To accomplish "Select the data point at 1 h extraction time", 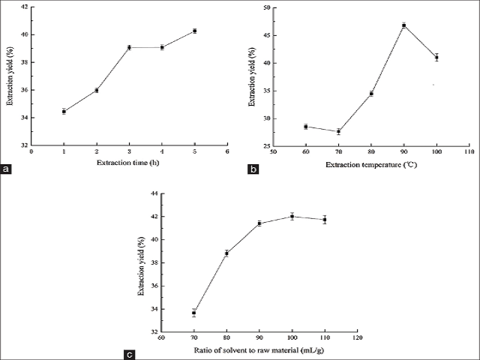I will (64, 111).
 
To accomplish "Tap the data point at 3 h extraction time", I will (129, 47).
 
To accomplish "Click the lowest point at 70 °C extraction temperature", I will (338, 131).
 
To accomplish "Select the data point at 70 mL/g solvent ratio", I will (194, 313).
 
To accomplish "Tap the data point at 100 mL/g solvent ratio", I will (292, 216).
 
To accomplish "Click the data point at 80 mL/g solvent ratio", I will (226, 253).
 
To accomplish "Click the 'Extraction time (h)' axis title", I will (128, 163).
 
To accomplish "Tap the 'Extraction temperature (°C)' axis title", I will (371, 163).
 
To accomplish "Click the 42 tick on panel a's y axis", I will (25, 7).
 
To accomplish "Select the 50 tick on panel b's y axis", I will (265, 7).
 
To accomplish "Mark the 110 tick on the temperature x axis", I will (469, 152).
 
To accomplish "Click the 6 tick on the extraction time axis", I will (227, 151).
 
